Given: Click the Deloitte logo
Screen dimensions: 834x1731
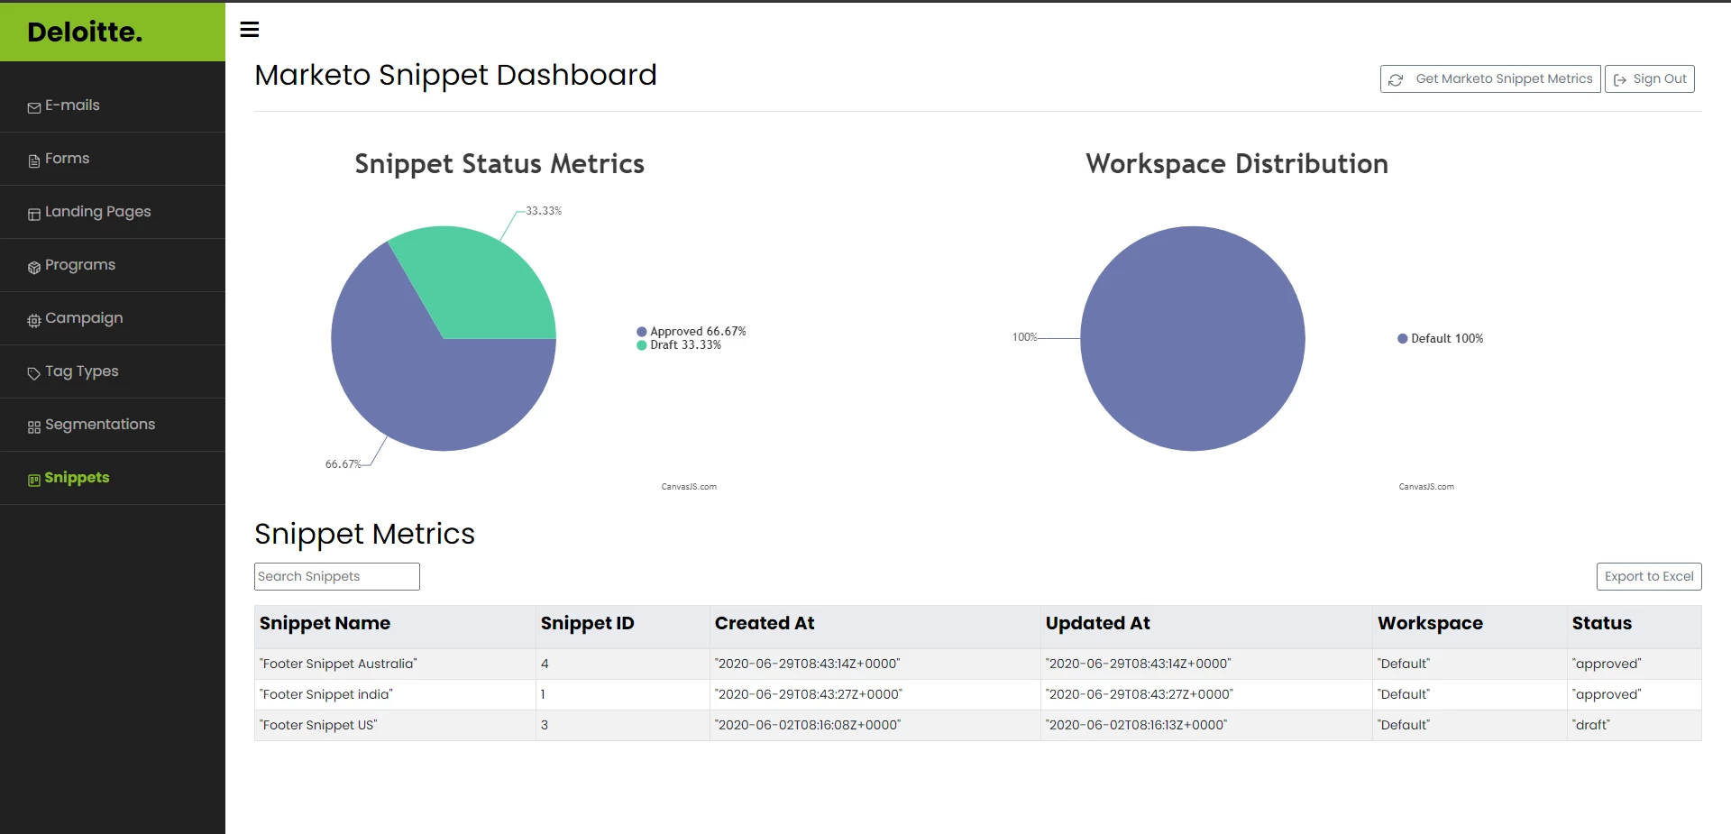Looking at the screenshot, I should (85, 32).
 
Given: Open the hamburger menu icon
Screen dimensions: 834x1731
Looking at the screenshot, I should (250, 30).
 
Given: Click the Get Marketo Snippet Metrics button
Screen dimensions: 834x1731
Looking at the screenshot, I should (1490, 79).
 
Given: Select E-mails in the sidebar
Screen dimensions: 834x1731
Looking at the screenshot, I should (72, 105).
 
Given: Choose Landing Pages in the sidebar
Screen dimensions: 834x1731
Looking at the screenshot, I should (97, 212).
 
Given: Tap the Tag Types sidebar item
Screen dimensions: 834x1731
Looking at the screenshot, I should (81, 371).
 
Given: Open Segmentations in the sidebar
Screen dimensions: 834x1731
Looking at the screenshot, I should (99, 425).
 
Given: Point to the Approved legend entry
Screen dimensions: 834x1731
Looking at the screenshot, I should (691, 332).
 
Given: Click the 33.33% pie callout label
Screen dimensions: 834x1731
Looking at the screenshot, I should (544, 211).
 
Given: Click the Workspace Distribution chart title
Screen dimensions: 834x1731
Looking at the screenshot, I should (1236, 164).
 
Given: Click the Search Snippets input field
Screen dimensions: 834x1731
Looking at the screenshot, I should (337, 577).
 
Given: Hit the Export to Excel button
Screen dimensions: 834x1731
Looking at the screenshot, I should (1648, 577).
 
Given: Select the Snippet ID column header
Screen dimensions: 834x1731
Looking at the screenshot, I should (587, 624).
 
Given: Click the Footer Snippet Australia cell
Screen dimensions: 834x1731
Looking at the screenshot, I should (338, 664).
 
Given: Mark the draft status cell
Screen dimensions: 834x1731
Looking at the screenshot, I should (1591, 726).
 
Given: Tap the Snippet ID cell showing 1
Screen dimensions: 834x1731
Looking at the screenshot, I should (544, 695).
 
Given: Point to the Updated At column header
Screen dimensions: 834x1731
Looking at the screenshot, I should (1097, 624).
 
